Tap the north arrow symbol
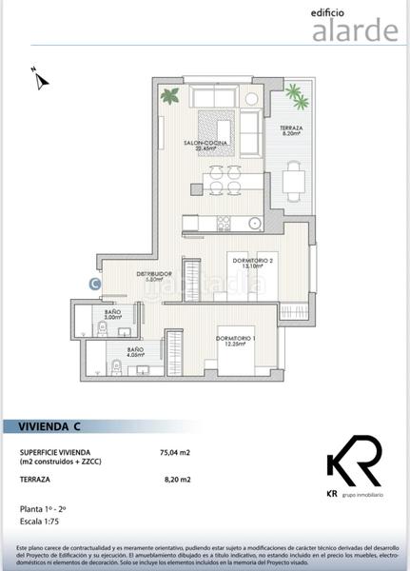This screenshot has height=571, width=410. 39,78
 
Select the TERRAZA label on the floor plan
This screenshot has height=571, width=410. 291,131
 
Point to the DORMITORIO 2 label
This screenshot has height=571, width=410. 253,264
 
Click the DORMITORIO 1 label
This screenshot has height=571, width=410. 236,341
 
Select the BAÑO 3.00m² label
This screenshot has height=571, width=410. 112,314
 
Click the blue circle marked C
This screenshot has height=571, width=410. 94,282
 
